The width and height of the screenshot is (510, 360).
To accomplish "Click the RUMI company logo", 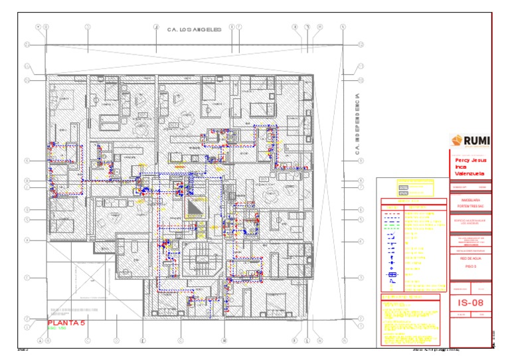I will (471, 140).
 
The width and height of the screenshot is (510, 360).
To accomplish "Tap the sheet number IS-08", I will (470, 303).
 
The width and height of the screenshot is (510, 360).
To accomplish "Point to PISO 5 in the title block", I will (470, 264).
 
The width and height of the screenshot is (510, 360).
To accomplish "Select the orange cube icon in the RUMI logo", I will (456, 140).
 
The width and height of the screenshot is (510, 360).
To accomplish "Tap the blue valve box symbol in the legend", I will (392, 274).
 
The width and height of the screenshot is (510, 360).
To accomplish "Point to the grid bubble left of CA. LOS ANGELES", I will (155, 27).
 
